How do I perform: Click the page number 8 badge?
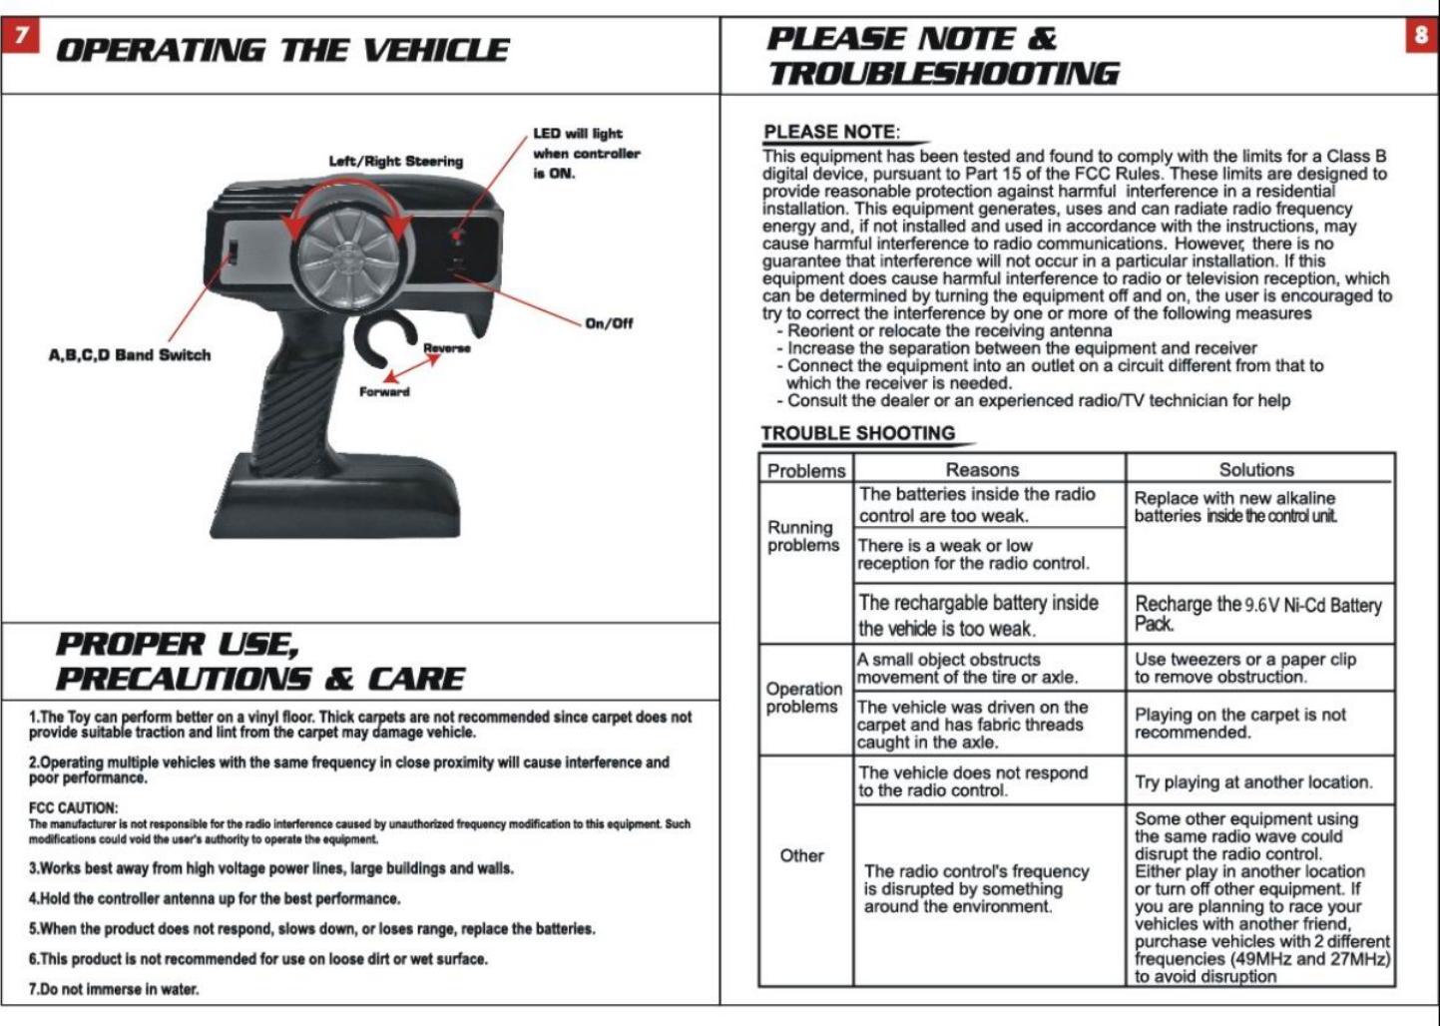click(x=1420, y=36)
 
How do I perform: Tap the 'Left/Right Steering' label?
click(x=396, y=161)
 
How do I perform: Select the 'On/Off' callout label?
click(x=609, y=323)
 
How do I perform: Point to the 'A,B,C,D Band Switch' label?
click(x=130, y=354)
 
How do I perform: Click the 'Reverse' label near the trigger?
click(x=447, y=347)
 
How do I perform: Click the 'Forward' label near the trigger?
click(x=384, y=391)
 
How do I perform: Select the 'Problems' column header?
click(x=806, y=470)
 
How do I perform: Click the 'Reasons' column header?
click(x=982, y=469)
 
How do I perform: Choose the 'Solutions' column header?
click(x=1256, y=469)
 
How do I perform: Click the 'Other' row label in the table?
click(x=801, y=855)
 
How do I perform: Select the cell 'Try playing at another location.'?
click(x=1253, y=781)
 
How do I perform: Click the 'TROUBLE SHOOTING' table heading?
click(x=858, y=433)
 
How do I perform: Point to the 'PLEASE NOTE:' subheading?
click(x=831, y=132)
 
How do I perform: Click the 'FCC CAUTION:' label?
click(x=73, y=807)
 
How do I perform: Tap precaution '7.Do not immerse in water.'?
click(x=114, y=989)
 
